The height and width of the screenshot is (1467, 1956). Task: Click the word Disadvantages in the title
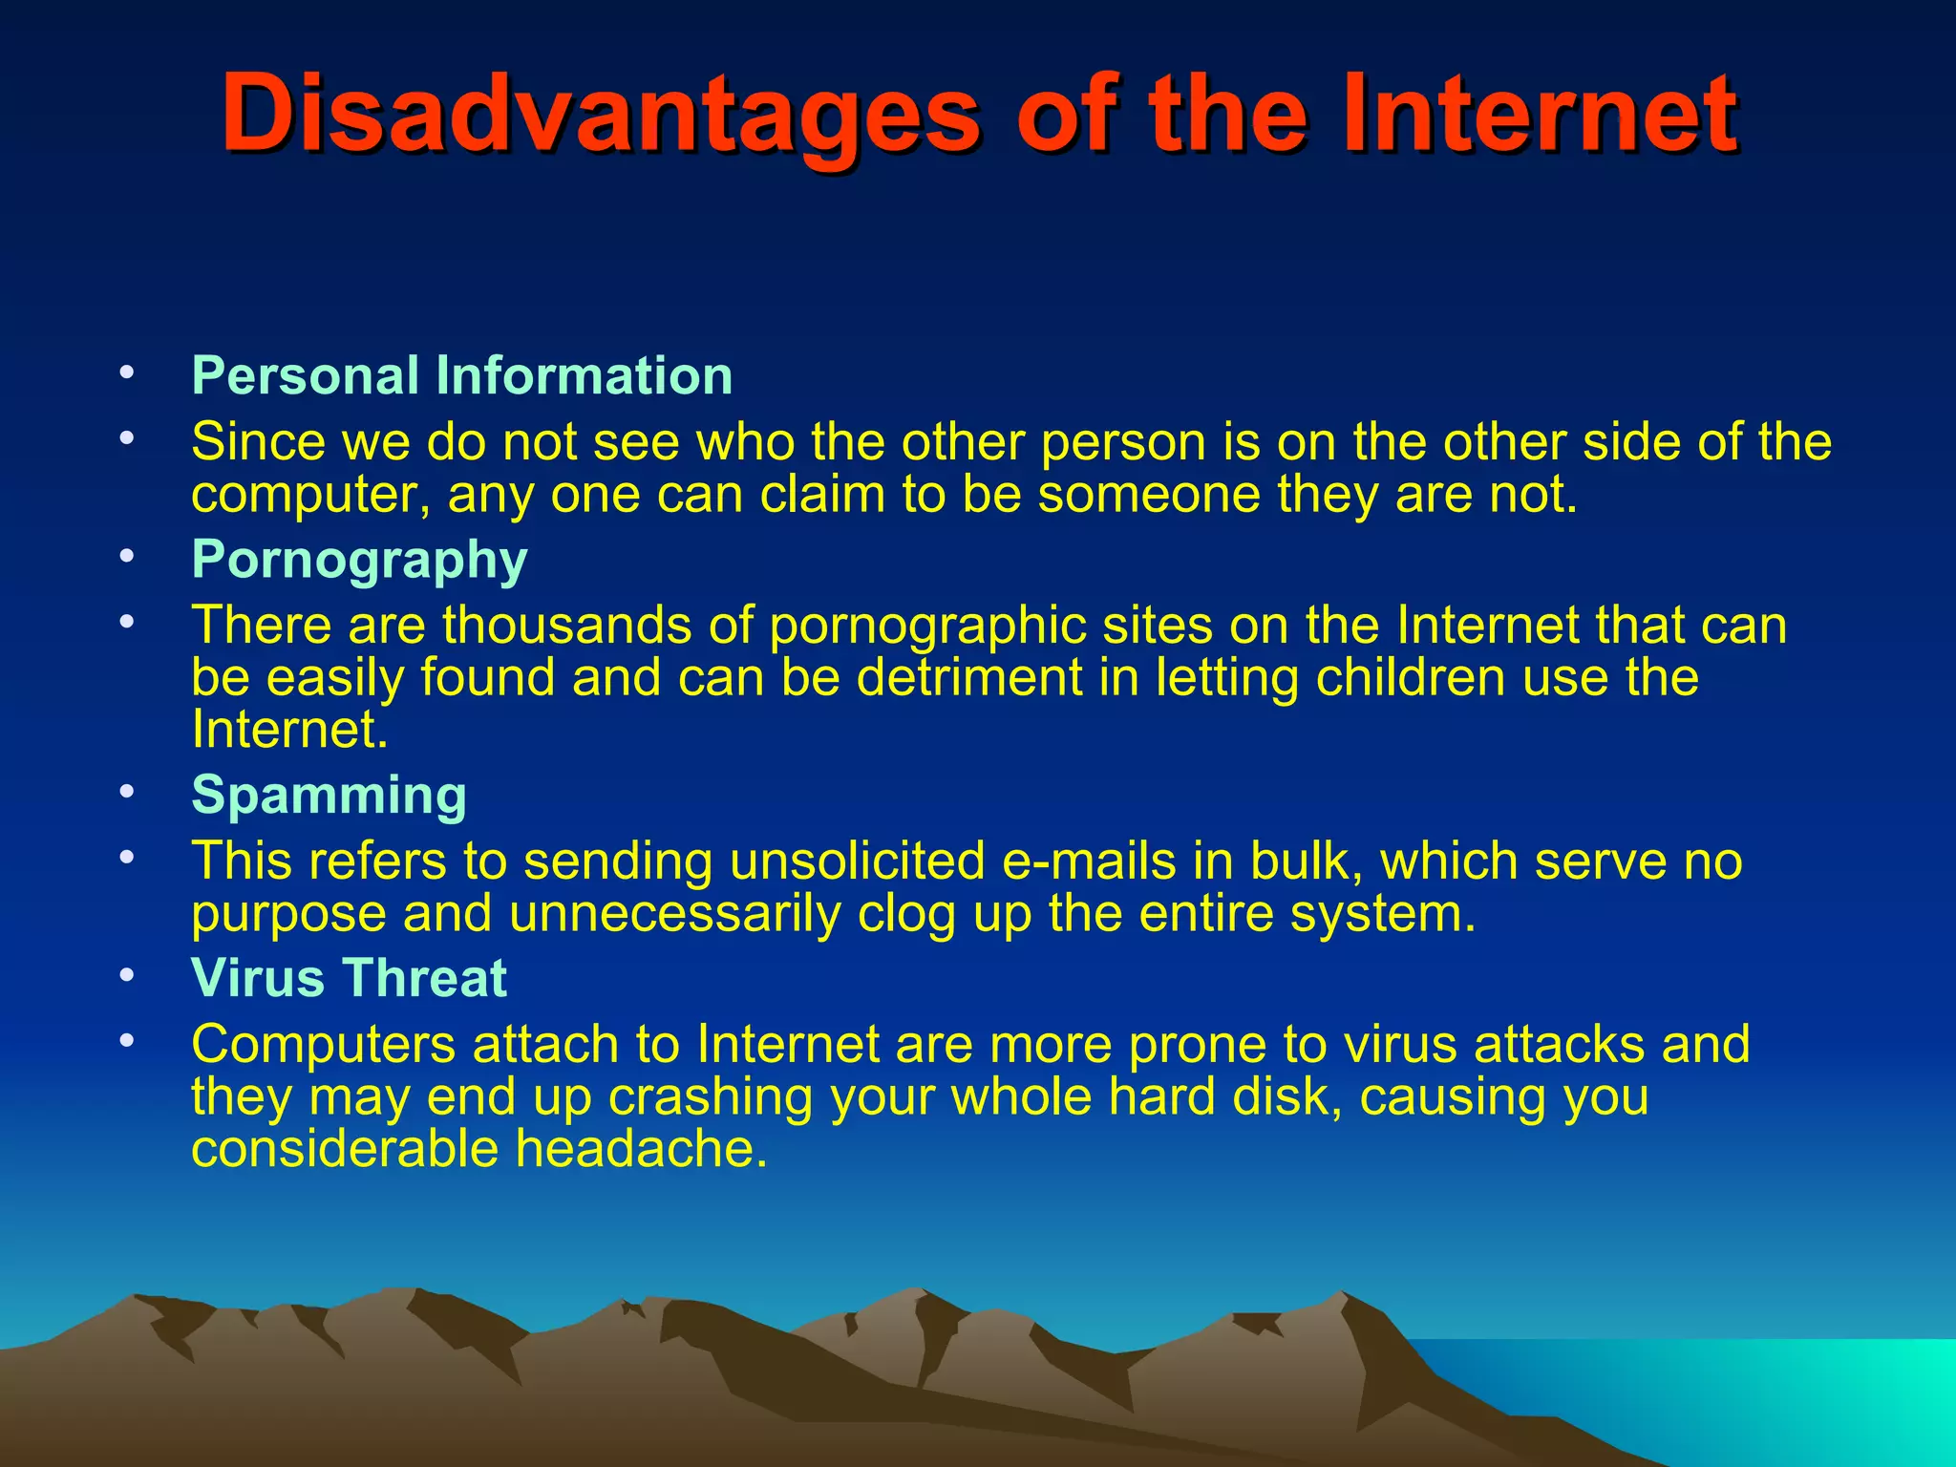tap(600, 115)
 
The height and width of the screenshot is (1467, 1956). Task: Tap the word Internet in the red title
tap(1538, 115)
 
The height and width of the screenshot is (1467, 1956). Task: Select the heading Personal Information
tap(462, 375)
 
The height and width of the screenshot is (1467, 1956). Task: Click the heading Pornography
tap(359, 559)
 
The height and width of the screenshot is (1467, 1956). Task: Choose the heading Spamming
tap(329, 795)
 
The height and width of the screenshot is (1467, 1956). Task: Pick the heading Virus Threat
tap(349, 978)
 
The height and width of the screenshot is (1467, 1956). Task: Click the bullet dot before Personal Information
tap(127, 373)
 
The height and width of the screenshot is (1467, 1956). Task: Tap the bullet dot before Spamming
tap(127, 792)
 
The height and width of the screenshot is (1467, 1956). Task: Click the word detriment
tap(968, 678)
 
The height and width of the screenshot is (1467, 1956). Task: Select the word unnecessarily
tap(674, 914)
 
